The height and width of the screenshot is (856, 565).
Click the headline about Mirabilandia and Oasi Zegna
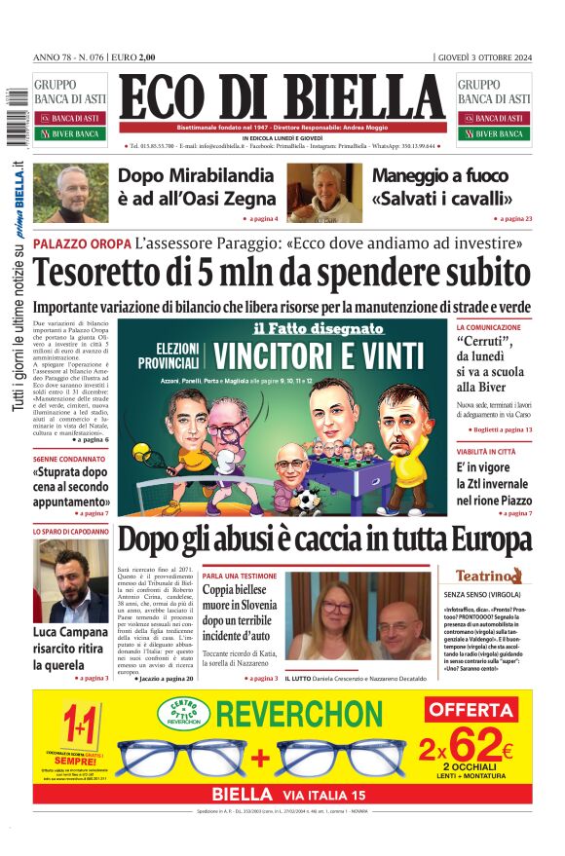point(197,187)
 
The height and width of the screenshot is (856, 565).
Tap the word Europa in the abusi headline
point(474,540)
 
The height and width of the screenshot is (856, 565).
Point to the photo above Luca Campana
point(71,581)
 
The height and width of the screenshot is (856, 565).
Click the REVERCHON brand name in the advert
point(300,714)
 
